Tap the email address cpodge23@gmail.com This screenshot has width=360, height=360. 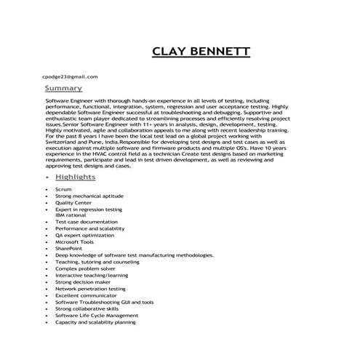pos(69,76)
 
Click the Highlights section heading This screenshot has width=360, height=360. pos(75,177)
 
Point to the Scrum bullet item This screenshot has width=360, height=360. pos(63,189)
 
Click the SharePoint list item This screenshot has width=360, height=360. pos(70,249)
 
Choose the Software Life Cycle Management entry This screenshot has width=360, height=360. pos(97,316)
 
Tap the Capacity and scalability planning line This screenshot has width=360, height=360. pos(95,322)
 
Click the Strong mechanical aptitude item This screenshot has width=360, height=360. pos(89,196)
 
